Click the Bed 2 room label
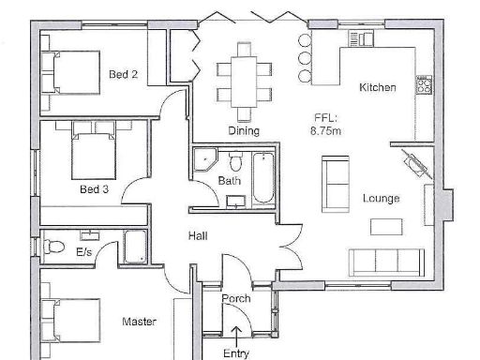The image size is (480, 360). (x=124, y=74)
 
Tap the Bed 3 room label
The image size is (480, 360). (x=94, y=188)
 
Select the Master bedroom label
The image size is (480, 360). (x=139, y=322)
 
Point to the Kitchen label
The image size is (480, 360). (x=378, y=87)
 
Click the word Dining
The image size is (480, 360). (x=244, y=131)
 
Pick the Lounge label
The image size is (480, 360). (x=382, y=199)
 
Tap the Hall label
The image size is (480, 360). (x=197, y=235)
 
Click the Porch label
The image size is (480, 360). (x=235, y=299)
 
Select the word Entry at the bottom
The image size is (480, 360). (x=236, y=353)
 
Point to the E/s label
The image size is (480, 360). (x=83, y=251)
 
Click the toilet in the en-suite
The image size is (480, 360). (x=53, y=248)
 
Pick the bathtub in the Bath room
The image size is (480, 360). (x=263, y=177)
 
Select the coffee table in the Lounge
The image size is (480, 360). (x=385, y=226)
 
